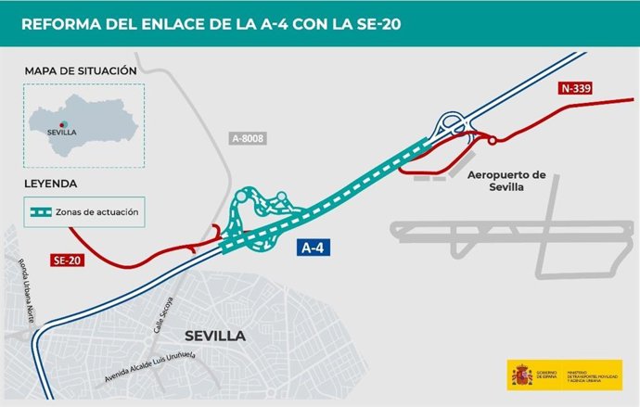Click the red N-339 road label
coord(576,90)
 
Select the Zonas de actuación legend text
coord(97,212)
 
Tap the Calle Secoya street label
coord(159,314)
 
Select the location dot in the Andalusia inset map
coord(62,122)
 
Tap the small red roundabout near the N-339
coord(493,140)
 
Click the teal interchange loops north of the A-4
coord(264,204)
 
